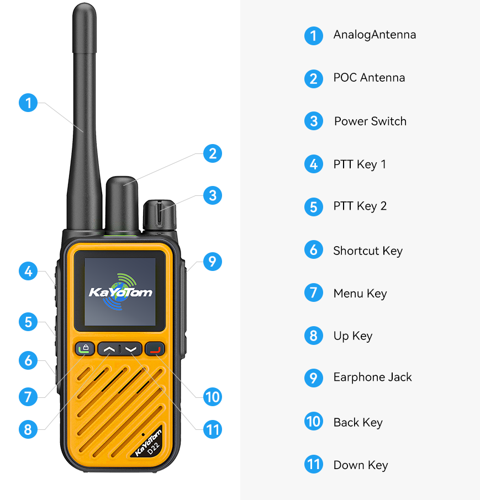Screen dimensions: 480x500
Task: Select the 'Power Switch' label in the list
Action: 370,121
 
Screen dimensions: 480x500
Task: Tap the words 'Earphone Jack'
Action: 372,377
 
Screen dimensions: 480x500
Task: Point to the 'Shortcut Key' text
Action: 368,251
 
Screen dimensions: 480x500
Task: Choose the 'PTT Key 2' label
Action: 360,206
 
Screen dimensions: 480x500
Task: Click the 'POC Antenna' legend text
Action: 369,78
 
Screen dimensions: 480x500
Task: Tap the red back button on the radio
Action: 155,349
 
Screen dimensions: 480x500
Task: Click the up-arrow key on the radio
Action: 108,349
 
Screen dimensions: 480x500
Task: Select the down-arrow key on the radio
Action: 131,349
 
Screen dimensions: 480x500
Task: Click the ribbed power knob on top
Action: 160,215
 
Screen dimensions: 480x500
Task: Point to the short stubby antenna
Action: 122,204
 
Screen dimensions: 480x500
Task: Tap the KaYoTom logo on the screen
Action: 120,292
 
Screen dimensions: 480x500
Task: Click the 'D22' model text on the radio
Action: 154,448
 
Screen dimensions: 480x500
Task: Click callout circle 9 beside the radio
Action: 213,262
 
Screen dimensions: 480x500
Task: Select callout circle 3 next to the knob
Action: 213,195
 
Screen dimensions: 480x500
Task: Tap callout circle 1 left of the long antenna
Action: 28,103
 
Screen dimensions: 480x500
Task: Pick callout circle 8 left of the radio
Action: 28,429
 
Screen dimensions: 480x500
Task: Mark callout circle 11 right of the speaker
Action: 213,429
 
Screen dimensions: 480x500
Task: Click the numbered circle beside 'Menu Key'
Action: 314,292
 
